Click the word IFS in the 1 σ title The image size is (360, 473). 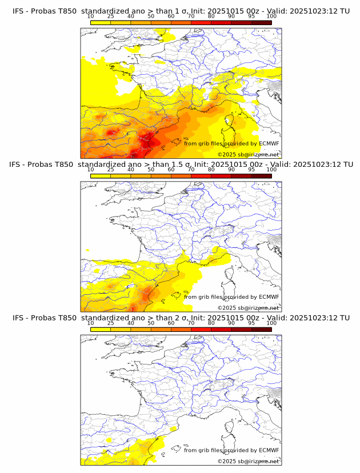(x=18, y=10)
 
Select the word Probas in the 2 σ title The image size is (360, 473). (x=42, y=318)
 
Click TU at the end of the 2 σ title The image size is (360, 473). (x=345, y=318)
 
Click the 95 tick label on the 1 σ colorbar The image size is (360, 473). (x=251, y=16)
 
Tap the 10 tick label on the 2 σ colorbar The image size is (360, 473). (x=91, y=323)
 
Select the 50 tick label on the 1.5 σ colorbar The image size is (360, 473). (x=151, y=170)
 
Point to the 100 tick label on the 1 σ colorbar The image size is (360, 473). (x=271, y=16)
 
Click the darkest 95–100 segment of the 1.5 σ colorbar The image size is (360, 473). (x=261, y=176)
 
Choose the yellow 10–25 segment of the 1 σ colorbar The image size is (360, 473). (x=101, y=22)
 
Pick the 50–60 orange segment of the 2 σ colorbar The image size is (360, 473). (x=161, y=329)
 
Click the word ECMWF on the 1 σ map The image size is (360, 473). (x=269, y=143)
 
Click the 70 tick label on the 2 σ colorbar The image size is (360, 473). (x=191, y=323)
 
